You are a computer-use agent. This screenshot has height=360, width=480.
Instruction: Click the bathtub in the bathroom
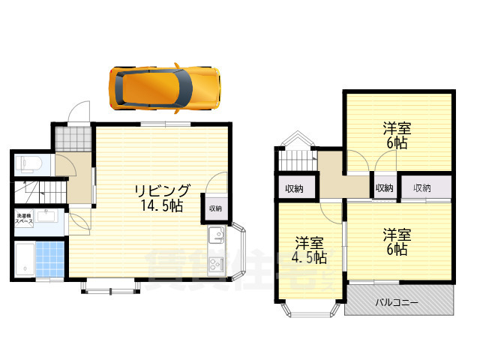pos(25,259)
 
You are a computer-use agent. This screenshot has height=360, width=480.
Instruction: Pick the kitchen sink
pos(215,238)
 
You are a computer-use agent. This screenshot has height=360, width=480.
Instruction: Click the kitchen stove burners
pos(216,263)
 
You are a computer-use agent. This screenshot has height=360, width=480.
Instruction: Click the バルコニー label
pos(397,303)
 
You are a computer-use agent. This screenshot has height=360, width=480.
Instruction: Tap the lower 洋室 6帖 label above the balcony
pos(397,241)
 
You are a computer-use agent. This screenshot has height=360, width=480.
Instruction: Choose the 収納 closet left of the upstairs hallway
pos(293,188)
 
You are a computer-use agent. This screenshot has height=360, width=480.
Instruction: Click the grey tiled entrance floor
pos(73,138)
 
